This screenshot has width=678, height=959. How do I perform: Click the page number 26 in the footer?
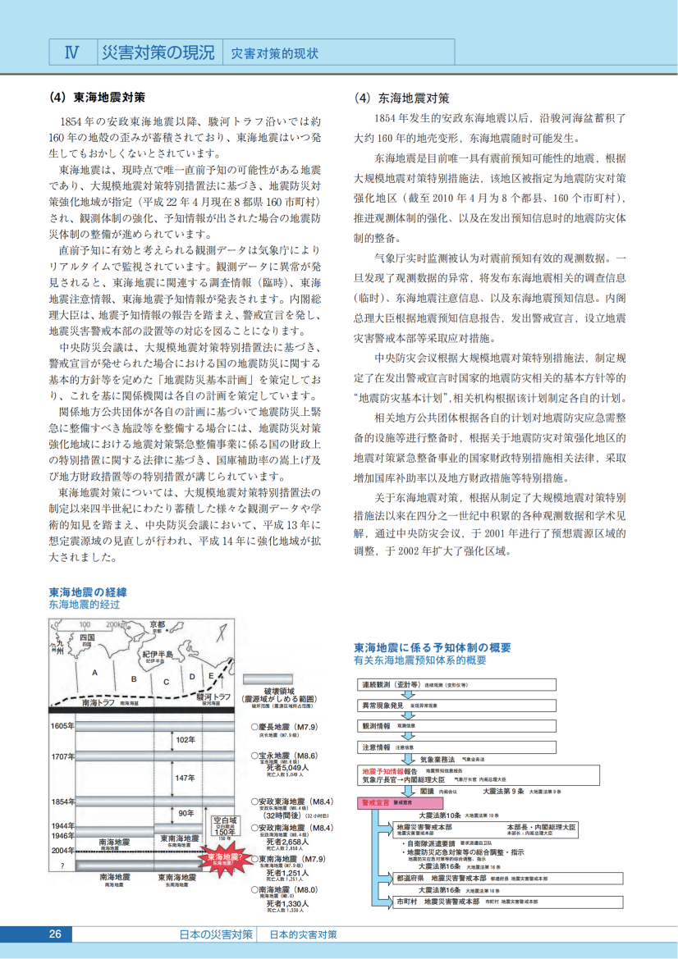[x=55, y=934]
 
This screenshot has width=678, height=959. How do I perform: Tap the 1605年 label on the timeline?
[x=62, y=726]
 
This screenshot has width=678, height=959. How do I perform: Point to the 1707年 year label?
[x=62, y=756]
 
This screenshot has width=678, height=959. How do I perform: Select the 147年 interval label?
[x=185, y=778]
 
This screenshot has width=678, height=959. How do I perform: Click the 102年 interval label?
[x=185, y=740]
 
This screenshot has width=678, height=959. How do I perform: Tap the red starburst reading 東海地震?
[x=222, y=859]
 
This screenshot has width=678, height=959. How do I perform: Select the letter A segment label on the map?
[x=96, y=673]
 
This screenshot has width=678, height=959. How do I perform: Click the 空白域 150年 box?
[x=225, y=824]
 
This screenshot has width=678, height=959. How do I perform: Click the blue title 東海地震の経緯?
[x=87, y=591]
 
